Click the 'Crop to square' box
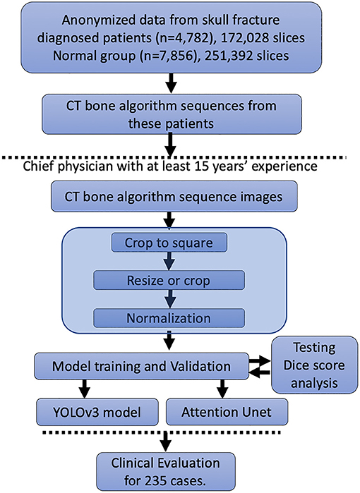tap(169, 243)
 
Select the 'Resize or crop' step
tap(169, 280)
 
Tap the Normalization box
tap(169, 318)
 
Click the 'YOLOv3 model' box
tap(97, 412)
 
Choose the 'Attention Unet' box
tap(227, 412)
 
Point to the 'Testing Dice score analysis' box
tap(314, 365)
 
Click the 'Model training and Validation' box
tap(142, 366)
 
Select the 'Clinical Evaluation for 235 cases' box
tap(165, 472)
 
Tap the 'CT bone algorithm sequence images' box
tap(174, 196)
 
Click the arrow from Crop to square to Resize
tap(169, 261)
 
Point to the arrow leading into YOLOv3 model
tap(84, 389)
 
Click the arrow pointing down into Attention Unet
tap(222, 389)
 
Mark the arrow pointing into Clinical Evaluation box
tap(165, 442)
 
